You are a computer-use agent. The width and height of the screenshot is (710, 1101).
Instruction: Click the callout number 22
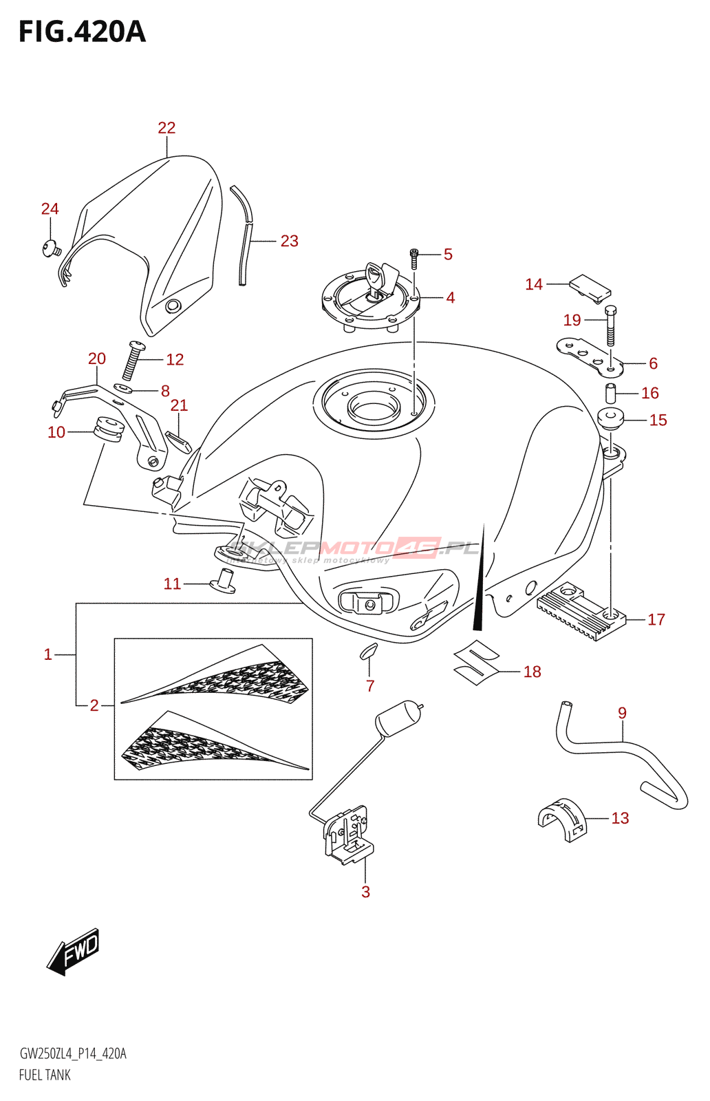tap(166, 128)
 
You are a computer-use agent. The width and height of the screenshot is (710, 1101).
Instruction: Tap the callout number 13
tap(620, 818)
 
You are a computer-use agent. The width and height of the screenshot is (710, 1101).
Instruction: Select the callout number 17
tap(656, 620)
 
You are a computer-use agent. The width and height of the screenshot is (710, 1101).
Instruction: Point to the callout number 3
tap(365, 892)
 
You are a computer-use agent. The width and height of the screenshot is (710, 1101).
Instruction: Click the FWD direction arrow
tap(74, 952)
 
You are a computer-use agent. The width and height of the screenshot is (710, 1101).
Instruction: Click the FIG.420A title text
tap(82, 32)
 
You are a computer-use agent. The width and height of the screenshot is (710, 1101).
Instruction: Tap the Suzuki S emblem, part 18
tap(476, 661)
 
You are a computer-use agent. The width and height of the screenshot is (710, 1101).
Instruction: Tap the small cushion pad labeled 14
tap(590, 288)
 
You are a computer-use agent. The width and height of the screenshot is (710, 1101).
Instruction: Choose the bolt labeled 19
tap(610, 325)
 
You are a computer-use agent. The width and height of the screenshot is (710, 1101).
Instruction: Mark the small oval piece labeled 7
tap(369, 650)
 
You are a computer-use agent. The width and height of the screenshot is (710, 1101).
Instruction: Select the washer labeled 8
tap(122, 390)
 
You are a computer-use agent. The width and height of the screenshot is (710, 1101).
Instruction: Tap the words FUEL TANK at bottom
tap(45, 1075)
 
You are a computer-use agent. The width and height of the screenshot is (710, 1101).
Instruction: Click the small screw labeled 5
tap(414, 257)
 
